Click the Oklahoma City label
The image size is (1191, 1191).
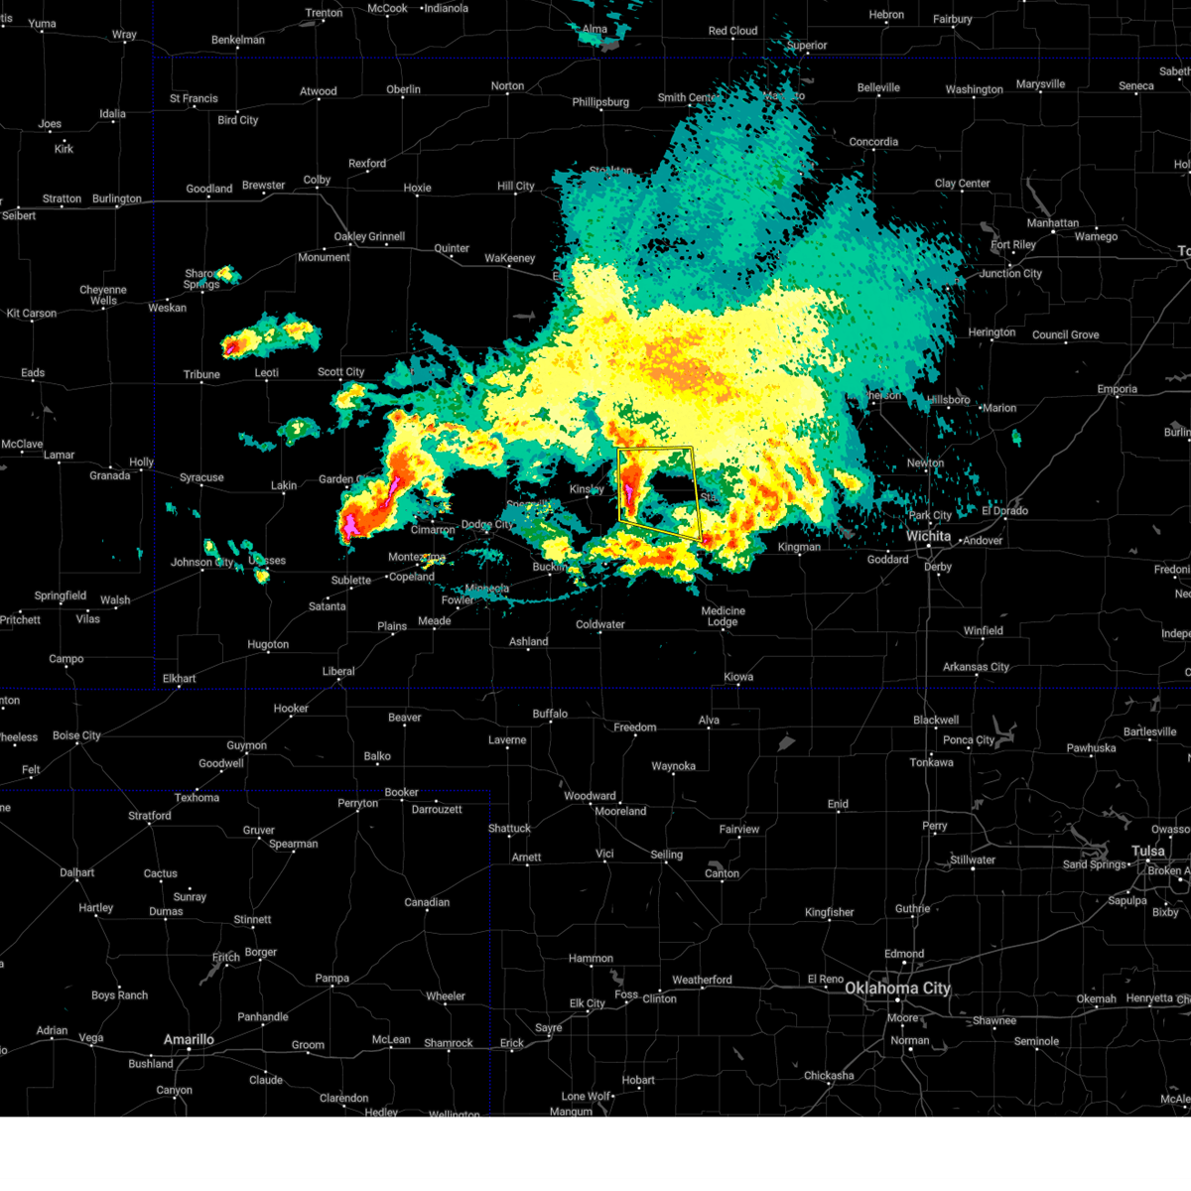[897, 989]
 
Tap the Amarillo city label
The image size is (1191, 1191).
[189, 1040]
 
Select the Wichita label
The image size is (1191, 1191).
[928, 536]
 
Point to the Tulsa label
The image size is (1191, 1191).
[1148, 852]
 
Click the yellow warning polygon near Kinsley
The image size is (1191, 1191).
[658, 493]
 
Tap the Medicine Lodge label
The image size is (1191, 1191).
[723, 616]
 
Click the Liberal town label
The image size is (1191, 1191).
[338, 672]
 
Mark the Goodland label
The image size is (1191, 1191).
[209, 189]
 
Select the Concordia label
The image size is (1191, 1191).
[873, 142]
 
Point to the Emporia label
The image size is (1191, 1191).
[1117, 389]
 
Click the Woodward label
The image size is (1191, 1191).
[590, 796]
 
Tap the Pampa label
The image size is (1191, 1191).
[331, 979]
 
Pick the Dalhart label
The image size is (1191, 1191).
[76, 873]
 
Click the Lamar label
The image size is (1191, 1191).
[59, 456]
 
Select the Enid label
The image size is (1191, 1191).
[838, 804]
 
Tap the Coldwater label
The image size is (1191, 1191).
[600, 625]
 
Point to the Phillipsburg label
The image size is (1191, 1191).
[600, 102]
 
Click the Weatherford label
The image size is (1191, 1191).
[702, 981]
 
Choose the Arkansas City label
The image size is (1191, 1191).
[976, 667]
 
